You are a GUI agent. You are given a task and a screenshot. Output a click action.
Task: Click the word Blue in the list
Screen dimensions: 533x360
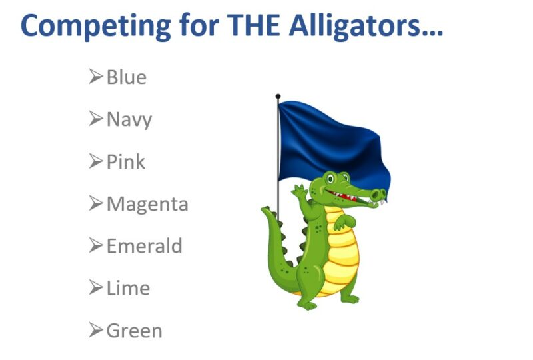pyautogui.click(x=127, y=77)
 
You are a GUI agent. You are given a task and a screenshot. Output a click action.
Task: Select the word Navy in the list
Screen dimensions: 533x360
pyautogui.click(x=129, y=120)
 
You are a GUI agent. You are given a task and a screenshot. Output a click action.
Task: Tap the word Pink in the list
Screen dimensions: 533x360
pyautogui.click(x=126, y=161)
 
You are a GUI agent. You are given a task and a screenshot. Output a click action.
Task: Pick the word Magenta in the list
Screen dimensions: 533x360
pyautogui.click(x=147, y=204)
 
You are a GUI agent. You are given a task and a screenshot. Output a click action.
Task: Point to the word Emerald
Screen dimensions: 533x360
pyautogui.click(x=145, y=246)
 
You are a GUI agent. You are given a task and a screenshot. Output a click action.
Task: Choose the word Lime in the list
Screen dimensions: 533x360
pyautogui.click(x=128, y=288)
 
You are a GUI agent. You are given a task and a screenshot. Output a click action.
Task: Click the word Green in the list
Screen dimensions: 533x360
pyautogui.click(x=135, y=331)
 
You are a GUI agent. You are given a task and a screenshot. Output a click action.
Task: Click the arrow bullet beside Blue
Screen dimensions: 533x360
pyautogui.click(x=95, y=76)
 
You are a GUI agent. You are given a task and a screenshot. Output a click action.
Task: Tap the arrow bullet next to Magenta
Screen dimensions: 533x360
pyautogui.click(x=95, y=203)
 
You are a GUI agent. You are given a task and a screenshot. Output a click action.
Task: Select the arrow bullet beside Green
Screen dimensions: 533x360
pyautogui.click(x=95, y=330)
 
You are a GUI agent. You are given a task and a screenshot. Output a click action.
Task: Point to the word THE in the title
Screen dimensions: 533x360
pyautogui.click(x=254, y=25)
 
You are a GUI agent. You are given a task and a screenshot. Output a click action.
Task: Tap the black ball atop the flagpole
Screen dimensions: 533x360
pyautogui.click(x=278, y=96)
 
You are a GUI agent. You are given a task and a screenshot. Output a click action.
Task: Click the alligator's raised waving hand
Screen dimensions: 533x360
pyautogui.click(x=300, y=191)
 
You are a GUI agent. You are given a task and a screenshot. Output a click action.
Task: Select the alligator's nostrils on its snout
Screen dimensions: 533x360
pyautogui.click(x=379, y=194)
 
